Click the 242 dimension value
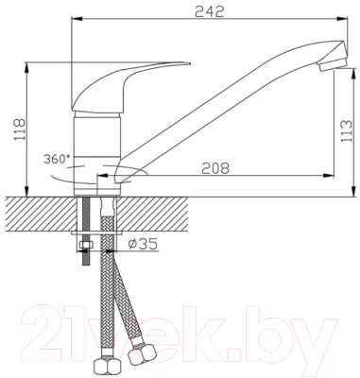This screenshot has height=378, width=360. pyautogui.click(x=209, y=11)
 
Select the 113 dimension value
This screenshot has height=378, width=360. pyautogui.click(x=347, y=131)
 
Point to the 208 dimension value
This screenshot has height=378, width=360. pyautogui.click(x=215, y=168)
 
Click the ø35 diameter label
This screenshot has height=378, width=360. pyautogui.click(x=144, y=244)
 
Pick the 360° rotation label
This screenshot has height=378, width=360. pyautogui.click(x=57, y=159)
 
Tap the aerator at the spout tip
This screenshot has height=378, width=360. pyautogui.click(x=334, y=64)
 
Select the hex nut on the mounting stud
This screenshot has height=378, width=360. pyautogui.click(x=85, y=245)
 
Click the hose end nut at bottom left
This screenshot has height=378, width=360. pyautogui.click(x=108, y=365)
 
